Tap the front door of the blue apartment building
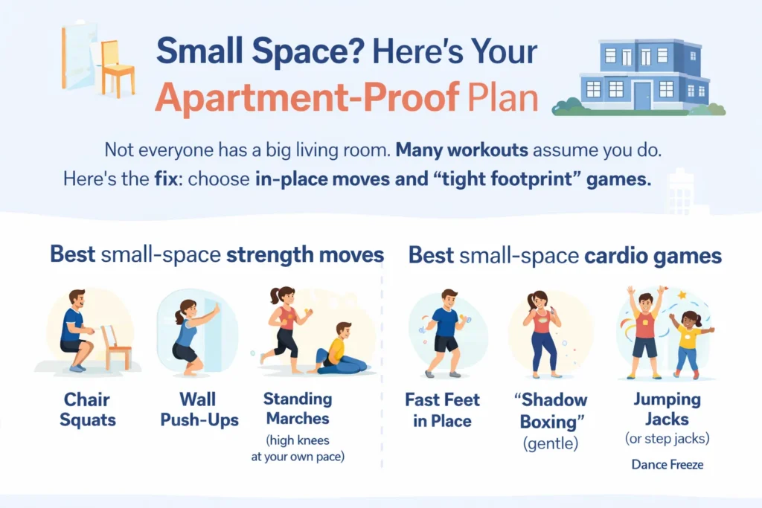pos(641,94)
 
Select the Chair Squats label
pos(88,410)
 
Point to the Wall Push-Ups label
pos(199,410)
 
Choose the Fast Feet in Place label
pos(443,410)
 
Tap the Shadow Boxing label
pos(551,411)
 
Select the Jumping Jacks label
pos(667,408)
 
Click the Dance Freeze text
pos(667,465)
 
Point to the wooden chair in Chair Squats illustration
pos(118,347)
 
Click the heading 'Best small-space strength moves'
pos(217,255)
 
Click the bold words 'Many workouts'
pos(461,149)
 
